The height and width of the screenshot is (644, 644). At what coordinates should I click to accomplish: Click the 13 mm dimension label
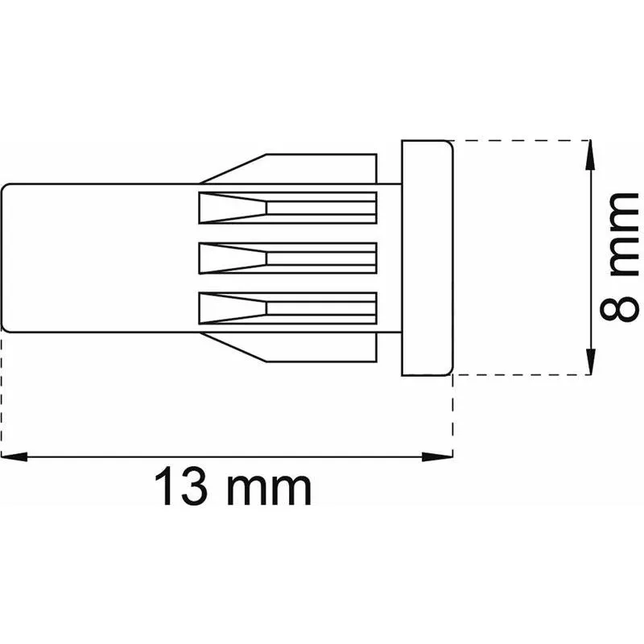(x=233, y=485)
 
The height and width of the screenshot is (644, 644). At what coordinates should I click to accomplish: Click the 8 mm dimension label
(x=619, y=257)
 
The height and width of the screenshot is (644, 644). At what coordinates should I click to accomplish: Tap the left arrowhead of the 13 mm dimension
(x=14, y=456)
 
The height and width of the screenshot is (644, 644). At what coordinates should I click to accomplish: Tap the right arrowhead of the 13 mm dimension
(x=438, y=456)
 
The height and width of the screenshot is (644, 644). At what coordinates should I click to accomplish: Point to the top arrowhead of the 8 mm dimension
(x=590, y=154)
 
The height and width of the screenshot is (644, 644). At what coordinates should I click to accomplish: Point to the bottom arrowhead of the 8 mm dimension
(x=590, y=361)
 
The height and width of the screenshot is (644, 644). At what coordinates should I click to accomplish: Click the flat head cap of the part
(x=427, y=258)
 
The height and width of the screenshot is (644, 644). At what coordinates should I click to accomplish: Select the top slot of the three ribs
(x=287, y=208)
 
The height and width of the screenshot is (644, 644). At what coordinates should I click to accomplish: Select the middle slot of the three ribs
(x=287, y=258)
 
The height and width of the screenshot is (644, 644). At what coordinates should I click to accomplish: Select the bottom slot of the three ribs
(x=287, y=308)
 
